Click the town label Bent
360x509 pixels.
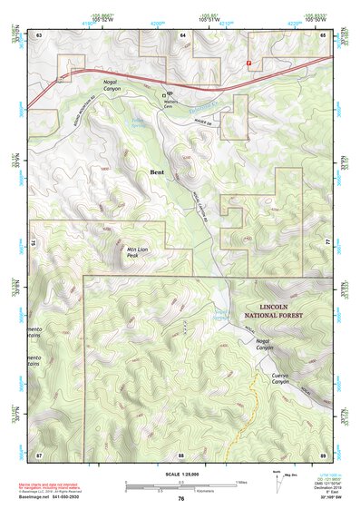158,170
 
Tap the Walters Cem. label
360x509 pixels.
170,102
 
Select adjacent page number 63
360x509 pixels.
39,34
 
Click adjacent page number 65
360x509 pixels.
324,34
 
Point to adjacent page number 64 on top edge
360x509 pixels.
182,34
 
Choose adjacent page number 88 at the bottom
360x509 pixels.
181,454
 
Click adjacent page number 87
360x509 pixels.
39,454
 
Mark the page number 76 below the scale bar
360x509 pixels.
181,498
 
